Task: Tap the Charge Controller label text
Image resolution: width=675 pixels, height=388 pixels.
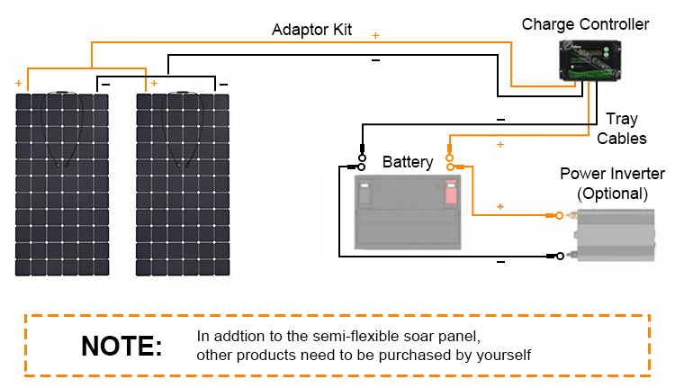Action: [x=585, y=23]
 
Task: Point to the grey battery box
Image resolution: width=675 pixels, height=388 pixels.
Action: [x=410, y=212]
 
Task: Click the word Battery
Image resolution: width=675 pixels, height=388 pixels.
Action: [x=408, y=163]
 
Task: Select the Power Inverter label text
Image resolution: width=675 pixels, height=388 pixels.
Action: [x=612, y=174]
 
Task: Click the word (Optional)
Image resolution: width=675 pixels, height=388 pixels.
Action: [x=612, y=193]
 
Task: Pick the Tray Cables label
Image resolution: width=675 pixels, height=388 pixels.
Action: [x=622, y=129]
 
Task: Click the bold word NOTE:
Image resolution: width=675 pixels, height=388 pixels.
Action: [x=121, y=346]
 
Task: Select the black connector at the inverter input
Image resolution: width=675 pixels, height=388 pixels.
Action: [x=558, y=257]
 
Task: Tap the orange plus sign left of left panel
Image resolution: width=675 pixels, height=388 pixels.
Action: [x=18, y=83]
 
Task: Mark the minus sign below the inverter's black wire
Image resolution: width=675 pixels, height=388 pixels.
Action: [x=500, y=262]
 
